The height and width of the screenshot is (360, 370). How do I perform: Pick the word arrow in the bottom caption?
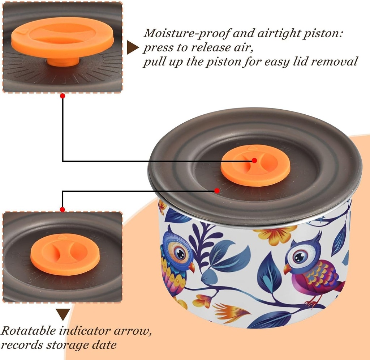(133, 331)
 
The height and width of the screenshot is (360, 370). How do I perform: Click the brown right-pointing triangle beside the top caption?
(133, 47)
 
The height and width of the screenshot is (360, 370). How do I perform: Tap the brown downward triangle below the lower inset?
(63, 314)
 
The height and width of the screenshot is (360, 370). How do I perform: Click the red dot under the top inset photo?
(63, 96)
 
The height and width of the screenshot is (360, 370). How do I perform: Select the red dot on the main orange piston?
(254, 160)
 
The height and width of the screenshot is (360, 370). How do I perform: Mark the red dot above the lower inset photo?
(63, 209)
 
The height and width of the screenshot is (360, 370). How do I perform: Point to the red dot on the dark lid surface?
(217, 190)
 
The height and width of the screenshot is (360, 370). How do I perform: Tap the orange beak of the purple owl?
(287, 269)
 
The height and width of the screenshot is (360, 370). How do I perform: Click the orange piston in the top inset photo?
(63, 38)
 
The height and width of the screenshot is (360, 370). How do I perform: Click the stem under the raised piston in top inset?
(63, 62)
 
